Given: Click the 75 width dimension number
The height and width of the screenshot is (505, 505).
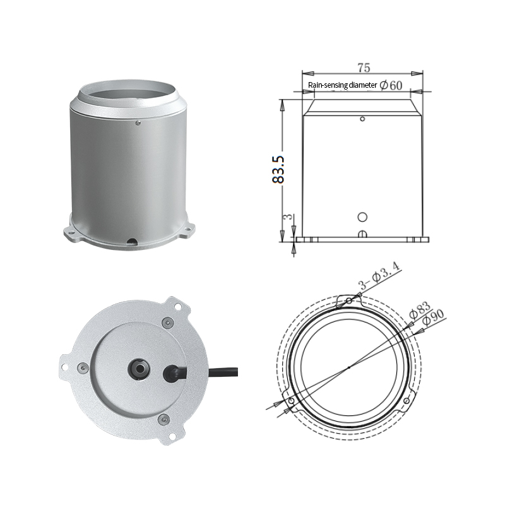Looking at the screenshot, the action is click(364, 68).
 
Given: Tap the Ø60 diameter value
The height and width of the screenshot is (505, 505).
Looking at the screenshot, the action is click(391, 85).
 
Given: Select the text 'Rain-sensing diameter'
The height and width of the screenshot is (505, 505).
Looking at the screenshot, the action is click(342, 85).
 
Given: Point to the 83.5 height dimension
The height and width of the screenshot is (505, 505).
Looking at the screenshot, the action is click(278, 169).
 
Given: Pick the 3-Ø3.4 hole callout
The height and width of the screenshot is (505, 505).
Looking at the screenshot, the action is click(379, 276).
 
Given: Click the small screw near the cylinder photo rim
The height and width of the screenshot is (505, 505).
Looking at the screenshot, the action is click(138, 122).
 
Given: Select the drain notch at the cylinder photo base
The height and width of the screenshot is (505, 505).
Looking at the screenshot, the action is click(132, 241).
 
